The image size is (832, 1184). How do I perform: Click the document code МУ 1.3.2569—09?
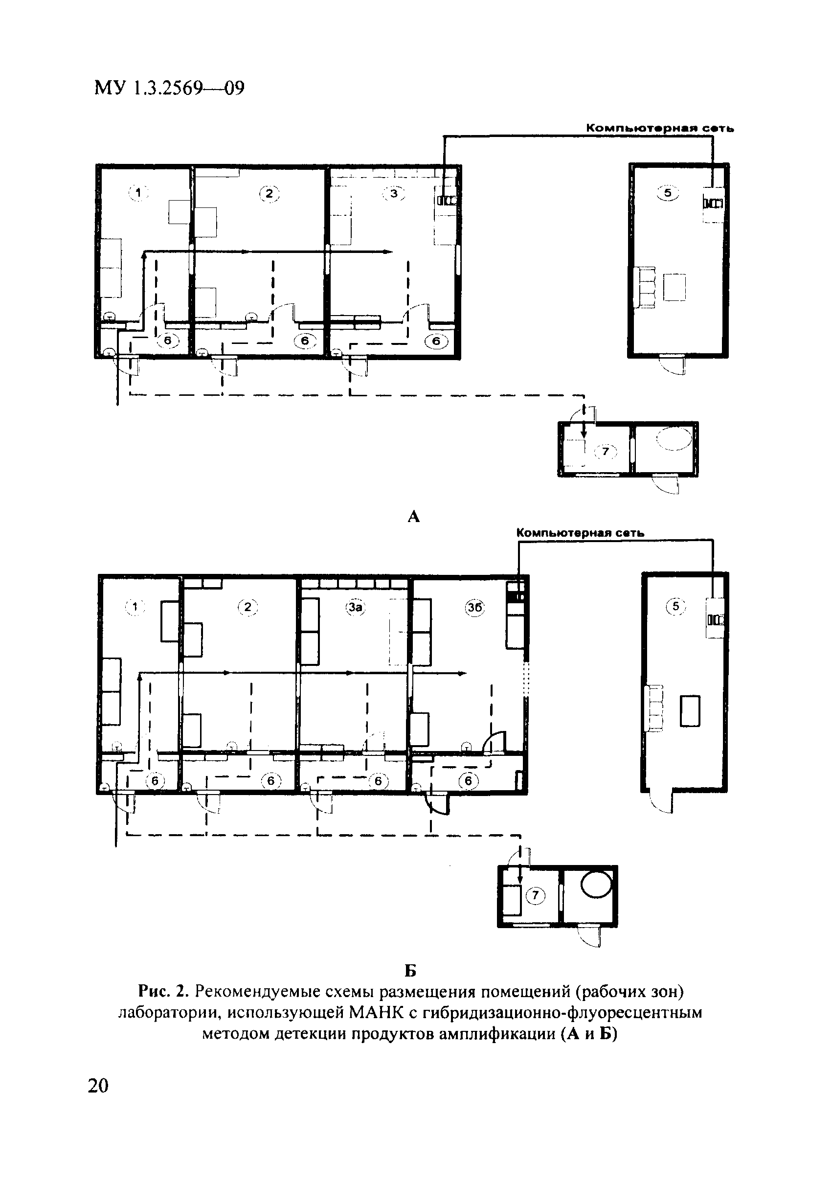pos(170,88)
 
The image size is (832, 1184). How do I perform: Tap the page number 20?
pos(98,1086)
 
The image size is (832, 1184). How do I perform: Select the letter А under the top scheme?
pos(413,516)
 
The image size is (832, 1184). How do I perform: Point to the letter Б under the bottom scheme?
pos(410,971)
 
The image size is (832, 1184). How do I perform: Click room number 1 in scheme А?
pos(137,193)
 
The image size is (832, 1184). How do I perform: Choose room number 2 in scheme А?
pos(269,194)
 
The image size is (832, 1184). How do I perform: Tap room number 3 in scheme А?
pos(394,194)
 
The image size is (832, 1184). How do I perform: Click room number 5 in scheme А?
pos(668,193)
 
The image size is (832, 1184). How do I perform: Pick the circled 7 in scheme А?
pos(606,452)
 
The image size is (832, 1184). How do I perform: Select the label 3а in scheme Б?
pos(355,608)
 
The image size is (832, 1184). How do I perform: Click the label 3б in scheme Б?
pos(475,608)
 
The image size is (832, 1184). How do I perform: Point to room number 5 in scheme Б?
pos(676,607)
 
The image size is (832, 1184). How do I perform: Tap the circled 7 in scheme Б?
pos(535,896)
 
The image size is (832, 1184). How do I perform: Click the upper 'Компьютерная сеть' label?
pos(660,128)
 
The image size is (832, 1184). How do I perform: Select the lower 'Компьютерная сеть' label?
pos(581,533)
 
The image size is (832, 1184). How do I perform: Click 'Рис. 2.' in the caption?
pos(165,992)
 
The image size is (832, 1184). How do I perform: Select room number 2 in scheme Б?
pos(247,607)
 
